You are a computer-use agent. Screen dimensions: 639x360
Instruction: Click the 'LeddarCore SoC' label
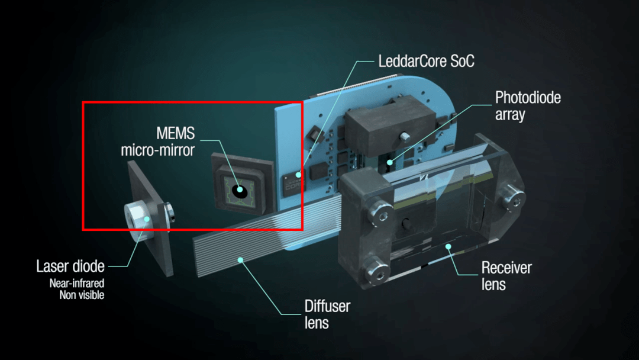point(426,61)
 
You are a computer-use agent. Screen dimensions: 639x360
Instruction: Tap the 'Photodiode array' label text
point(528,105)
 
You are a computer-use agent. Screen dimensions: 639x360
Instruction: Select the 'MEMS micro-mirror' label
point(158,142)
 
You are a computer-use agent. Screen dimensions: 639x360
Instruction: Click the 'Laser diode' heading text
point(70,266)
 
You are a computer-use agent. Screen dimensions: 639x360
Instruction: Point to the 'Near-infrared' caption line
point(76,283)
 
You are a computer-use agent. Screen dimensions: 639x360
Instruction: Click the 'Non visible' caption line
point(82,295)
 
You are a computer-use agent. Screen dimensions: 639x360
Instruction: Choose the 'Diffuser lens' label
point(327,314)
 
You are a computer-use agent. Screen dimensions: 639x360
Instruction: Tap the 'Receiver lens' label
point(506,276)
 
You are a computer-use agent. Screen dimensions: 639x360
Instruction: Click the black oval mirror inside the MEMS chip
point(240,191)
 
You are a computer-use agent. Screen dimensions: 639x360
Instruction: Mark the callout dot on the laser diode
point(147,219)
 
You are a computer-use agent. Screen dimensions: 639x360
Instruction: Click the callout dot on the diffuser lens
point(240,260)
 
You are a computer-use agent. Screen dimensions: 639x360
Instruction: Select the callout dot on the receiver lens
point(448,247)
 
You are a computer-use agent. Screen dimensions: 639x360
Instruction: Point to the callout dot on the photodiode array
point(390,162)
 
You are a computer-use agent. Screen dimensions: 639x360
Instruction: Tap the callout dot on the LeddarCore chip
point(298,175)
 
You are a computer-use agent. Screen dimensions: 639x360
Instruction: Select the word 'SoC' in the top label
point(462,61)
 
